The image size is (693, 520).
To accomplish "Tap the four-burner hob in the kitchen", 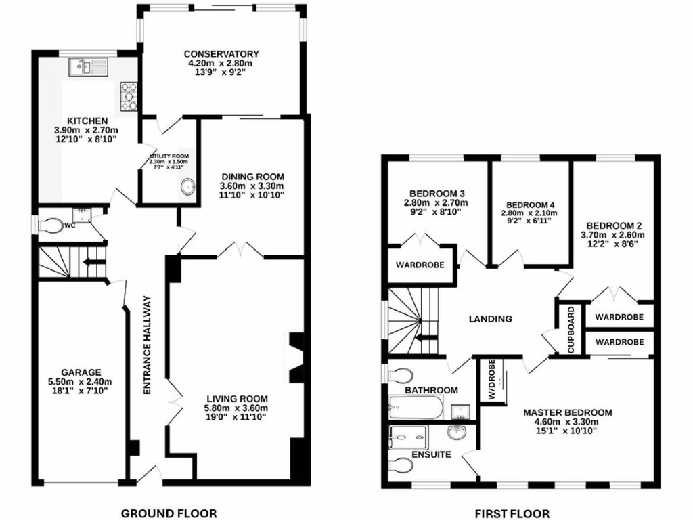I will (129, 95).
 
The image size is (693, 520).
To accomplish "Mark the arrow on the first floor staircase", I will (428, 340).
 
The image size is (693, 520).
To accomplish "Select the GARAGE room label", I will (81, 372).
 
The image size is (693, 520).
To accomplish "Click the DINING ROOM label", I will (252, 177).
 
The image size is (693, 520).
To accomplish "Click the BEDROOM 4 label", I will (531, 205).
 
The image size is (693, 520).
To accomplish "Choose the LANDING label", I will (491, 319).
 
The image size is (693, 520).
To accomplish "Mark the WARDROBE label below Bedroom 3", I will (420, 265).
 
